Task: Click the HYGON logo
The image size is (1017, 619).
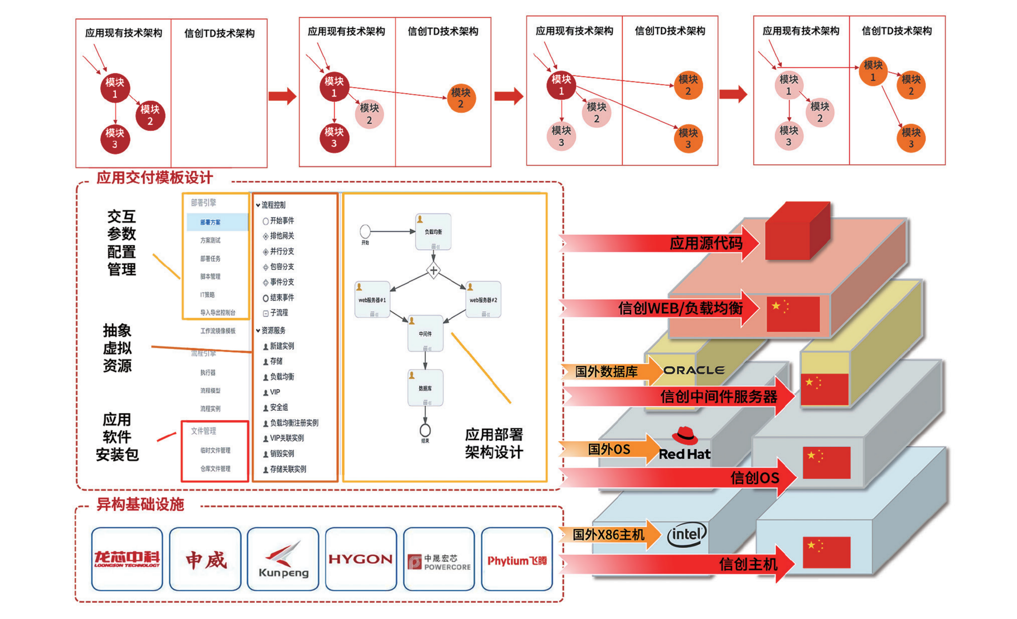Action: point(360,559)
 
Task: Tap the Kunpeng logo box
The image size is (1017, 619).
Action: point(283,560)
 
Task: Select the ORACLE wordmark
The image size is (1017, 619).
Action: point(694,370)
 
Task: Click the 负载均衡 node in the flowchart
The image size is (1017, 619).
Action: point(433,232)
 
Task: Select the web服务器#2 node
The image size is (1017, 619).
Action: point(483,299)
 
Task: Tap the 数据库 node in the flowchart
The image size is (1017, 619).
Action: point(425,388)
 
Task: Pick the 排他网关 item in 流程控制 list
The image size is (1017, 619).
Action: point(282,236)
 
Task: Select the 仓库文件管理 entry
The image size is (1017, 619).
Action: point(215,468)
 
